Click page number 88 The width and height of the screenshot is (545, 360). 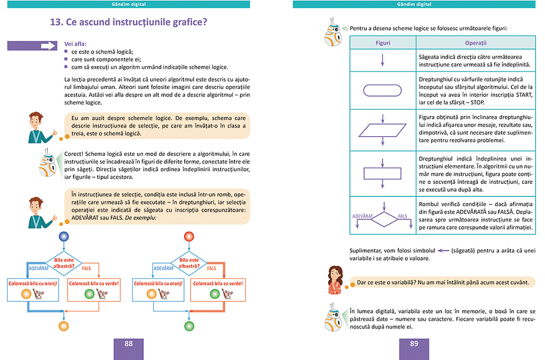(x=129, y=344)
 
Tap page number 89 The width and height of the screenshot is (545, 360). (x=414, y=344)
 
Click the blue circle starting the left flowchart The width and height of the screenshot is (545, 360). (x=64, y=236)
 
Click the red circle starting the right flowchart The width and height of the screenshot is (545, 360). (x=189, y=236)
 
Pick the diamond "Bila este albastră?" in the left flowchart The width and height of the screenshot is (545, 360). (x=64, y=263)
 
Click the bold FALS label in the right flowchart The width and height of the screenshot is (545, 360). (x=211, y=269)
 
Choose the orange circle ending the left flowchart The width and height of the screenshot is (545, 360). (x=64, y=326)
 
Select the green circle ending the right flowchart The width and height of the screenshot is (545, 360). (x=189, y=326)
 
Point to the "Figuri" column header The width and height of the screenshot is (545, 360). (x=383, y=42)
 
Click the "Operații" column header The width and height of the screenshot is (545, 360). (x=475, y=42)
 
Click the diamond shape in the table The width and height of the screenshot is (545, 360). (x=383, y=219)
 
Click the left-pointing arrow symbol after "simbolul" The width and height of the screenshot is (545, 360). (x=442, y=251)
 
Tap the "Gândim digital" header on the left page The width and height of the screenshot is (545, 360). (x=129, y=4)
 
